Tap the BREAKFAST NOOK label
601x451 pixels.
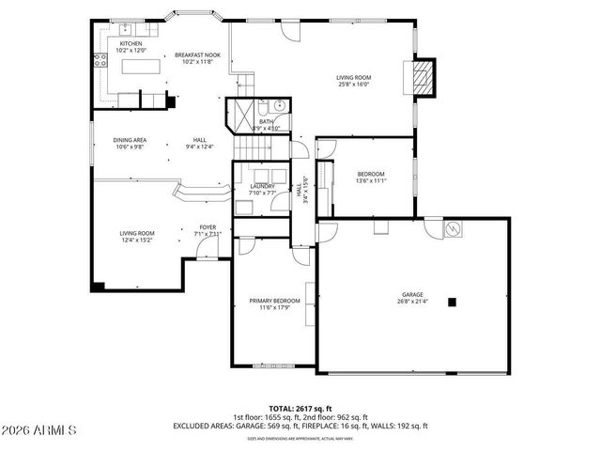(x=196, y=56)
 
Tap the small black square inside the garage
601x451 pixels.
(x=452, y=302)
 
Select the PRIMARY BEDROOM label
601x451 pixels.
(x=274, y=301)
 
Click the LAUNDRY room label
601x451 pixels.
(x=262, y=186)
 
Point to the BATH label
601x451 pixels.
(x=266, y=121)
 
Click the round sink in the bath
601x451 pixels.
(x=280, y=106)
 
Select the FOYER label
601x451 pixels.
(x=206, y=225)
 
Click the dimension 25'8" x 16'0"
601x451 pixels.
(x=354, y=84)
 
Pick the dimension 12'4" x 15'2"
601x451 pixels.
(x=136, y=239)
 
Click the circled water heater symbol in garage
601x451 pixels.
(x=452, y=227)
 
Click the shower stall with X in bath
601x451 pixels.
(x=241, y=117)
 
